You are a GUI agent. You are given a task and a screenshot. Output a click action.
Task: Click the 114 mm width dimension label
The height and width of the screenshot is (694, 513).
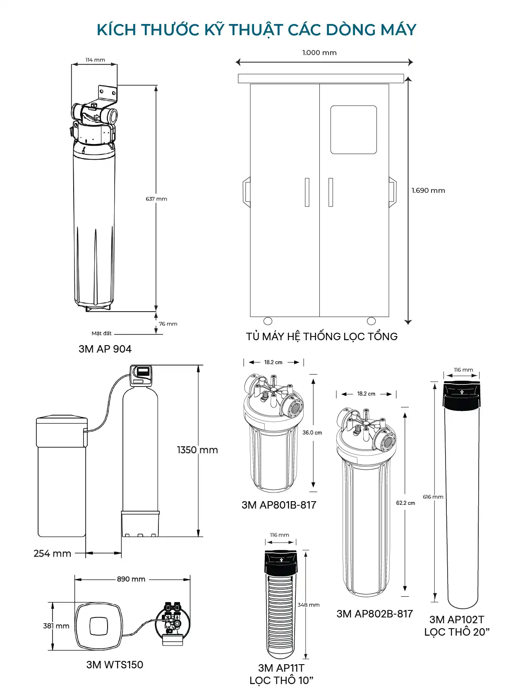pyautogui.click(x=95, y=60)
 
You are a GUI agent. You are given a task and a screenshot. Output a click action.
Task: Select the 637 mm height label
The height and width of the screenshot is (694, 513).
pyautogui.click(x=156, y=199)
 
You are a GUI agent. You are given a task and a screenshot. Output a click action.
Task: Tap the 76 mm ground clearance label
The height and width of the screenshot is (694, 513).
pyautogui.click(x=168, y=324)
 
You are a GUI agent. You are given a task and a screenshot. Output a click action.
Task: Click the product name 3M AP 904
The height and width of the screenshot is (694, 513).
pyautogui.click(x=105, y=349)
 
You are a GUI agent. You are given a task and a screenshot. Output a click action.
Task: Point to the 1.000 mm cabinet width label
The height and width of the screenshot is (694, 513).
pyautogui.click(x=319, y=53)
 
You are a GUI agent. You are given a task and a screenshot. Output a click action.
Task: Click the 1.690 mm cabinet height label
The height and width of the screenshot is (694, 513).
pyautogui.click(x=428, y=190)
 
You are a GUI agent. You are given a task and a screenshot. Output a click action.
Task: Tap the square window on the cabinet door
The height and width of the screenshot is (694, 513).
pyautogui.click(x=353, y=130)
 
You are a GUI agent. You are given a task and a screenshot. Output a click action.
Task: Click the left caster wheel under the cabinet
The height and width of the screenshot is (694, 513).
pyautogui.click(x=268, y=321)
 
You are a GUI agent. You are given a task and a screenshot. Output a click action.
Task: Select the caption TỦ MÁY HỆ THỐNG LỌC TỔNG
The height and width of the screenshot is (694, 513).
pyautogui.click(x=321, y=336)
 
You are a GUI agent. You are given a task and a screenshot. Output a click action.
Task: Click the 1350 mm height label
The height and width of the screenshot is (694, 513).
pyautogui.click(x=197, y=450)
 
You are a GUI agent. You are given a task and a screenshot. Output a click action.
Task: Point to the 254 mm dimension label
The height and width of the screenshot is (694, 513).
pyautogui.click(x=52, y=553)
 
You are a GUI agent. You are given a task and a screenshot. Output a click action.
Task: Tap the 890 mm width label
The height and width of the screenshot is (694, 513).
pyautogui.click(x=131, y=579)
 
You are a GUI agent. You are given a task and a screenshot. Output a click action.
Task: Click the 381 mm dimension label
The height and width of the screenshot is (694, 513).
pyautogui.click(x=56, y=626)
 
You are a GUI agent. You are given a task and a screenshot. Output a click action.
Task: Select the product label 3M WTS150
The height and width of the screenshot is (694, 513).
pyautogui.click(x=115, y=665)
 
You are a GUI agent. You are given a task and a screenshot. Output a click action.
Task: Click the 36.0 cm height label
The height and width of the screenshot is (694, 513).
pyautogui.click(x=312, y=432)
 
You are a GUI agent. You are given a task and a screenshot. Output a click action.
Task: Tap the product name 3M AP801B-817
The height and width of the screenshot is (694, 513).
pyautogui.click(x=279, y=505)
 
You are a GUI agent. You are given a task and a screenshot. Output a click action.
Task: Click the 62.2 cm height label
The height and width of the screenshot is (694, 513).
pyautogui.click(x=405, y=503)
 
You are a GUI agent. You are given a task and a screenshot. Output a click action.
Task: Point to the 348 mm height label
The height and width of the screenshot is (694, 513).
pyautogui.click(x=309, y=605)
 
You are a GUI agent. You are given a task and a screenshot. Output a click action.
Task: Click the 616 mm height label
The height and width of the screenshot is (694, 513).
pyautogui.click(x=433, y=497)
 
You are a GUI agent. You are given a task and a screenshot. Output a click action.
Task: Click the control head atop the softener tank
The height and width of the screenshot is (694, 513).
pyautogui.click(x=141, y=375)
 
